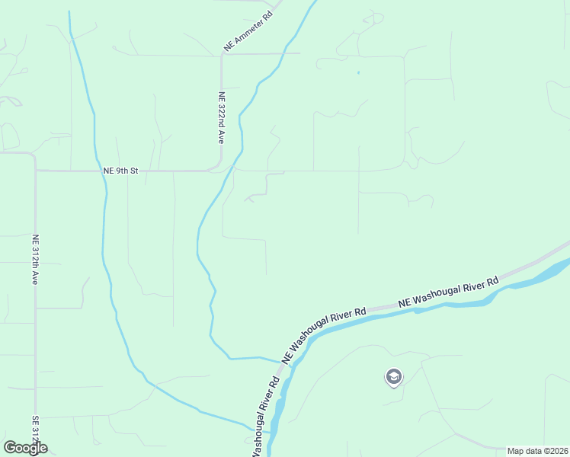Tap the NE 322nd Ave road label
pyautogui.click(x=221, y=118)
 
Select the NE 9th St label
pyautogui.click(x=120, y=171)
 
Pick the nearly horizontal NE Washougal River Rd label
pyautogui.click(x=448, y=292)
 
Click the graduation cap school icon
pyautogui.click(x=393, y=376)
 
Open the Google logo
pyautogui.click(x=25, y=448)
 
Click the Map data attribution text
pyautogui.click(x=538, y=451)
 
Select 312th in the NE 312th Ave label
pyautogui.click(x=35, y=256)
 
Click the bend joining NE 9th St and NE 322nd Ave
pyautogui.click(x=217, y=167)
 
